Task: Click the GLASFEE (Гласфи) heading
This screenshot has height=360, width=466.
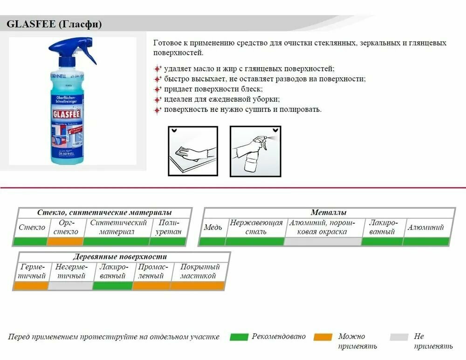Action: (54, 24)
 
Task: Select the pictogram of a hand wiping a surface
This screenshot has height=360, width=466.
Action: (192, 151)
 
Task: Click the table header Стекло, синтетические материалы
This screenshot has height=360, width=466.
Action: (104, 213)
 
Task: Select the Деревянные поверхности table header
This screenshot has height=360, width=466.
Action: (120, 257)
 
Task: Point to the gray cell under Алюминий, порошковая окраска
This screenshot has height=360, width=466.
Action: (322, 242)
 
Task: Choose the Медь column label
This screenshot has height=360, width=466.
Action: (212, 228)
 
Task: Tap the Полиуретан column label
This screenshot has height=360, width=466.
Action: (168, 227)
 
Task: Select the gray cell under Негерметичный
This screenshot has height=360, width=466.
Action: (70, 286)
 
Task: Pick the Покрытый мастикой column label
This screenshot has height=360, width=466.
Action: (198, 271)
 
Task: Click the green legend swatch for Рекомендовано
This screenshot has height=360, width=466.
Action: (239, 337)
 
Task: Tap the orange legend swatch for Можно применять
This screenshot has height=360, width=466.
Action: (323, 337)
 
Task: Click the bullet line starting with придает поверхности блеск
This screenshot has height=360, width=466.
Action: (213, 89)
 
